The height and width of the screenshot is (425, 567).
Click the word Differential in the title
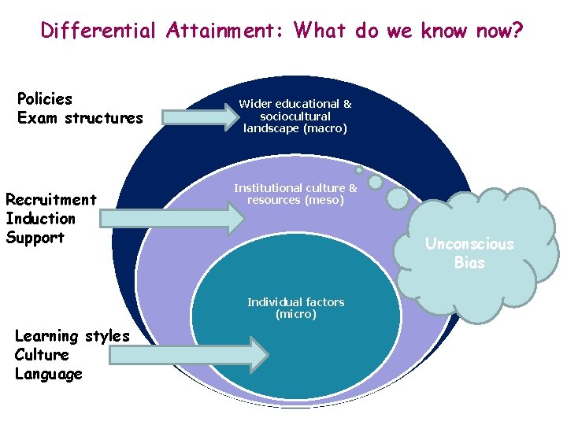[x=99, y=31]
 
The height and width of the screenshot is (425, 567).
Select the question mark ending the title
[x=517, y=31]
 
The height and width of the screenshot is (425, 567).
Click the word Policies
[x=45, y=99]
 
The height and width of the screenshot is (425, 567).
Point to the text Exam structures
[x=80, y=119]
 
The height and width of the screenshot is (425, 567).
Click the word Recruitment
[x=51, y=200]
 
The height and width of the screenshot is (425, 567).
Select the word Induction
[x=40, y=219]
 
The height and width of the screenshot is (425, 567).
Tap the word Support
[x=35, y=238]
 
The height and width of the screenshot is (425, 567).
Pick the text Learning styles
[x=72, y=336]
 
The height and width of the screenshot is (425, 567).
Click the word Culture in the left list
[x=42, y=355]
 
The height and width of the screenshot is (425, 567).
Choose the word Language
[x=49, y=374]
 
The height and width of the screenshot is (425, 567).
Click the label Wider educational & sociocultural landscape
[x=295, y=116]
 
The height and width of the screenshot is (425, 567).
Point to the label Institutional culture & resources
[x=295, y=194]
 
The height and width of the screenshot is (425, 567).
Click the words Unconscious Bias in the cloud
[x=469, y=253]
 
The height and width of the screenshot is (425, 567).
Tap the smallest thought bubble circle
[x=359, y=170]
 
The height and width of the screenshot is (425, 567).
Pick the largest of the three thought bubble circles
[x=398, y=198]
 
